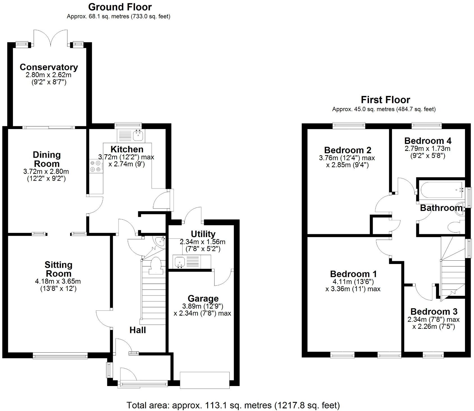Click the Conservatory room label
click(x=49, y=67)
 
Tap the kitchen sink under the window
click(x=138, y=136)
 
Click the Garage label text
click(x=203, y=299)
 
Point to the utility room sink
click(x=179, y=262)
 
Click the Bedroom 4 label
click(x=428, y=141)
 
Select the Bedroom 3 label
click(x=434, y=311)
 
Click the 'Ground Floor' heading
click(x=120, y=7)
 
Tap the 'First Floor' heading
click(x=385, y=100)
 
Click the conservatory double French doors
click(x=51, y=38)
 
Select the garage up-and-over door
click(x=204, y=380)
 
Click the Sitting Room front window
click(x=60, y=356)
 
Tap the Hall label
click(x=138, y=330)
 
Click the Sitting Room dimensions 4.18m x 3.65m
click(x=58, y=281)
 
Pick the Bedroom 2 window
click(x=349, y=126)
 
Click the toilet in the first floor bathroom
click(x=454, y=227)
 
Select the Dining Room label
click(x=46, y=159)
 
